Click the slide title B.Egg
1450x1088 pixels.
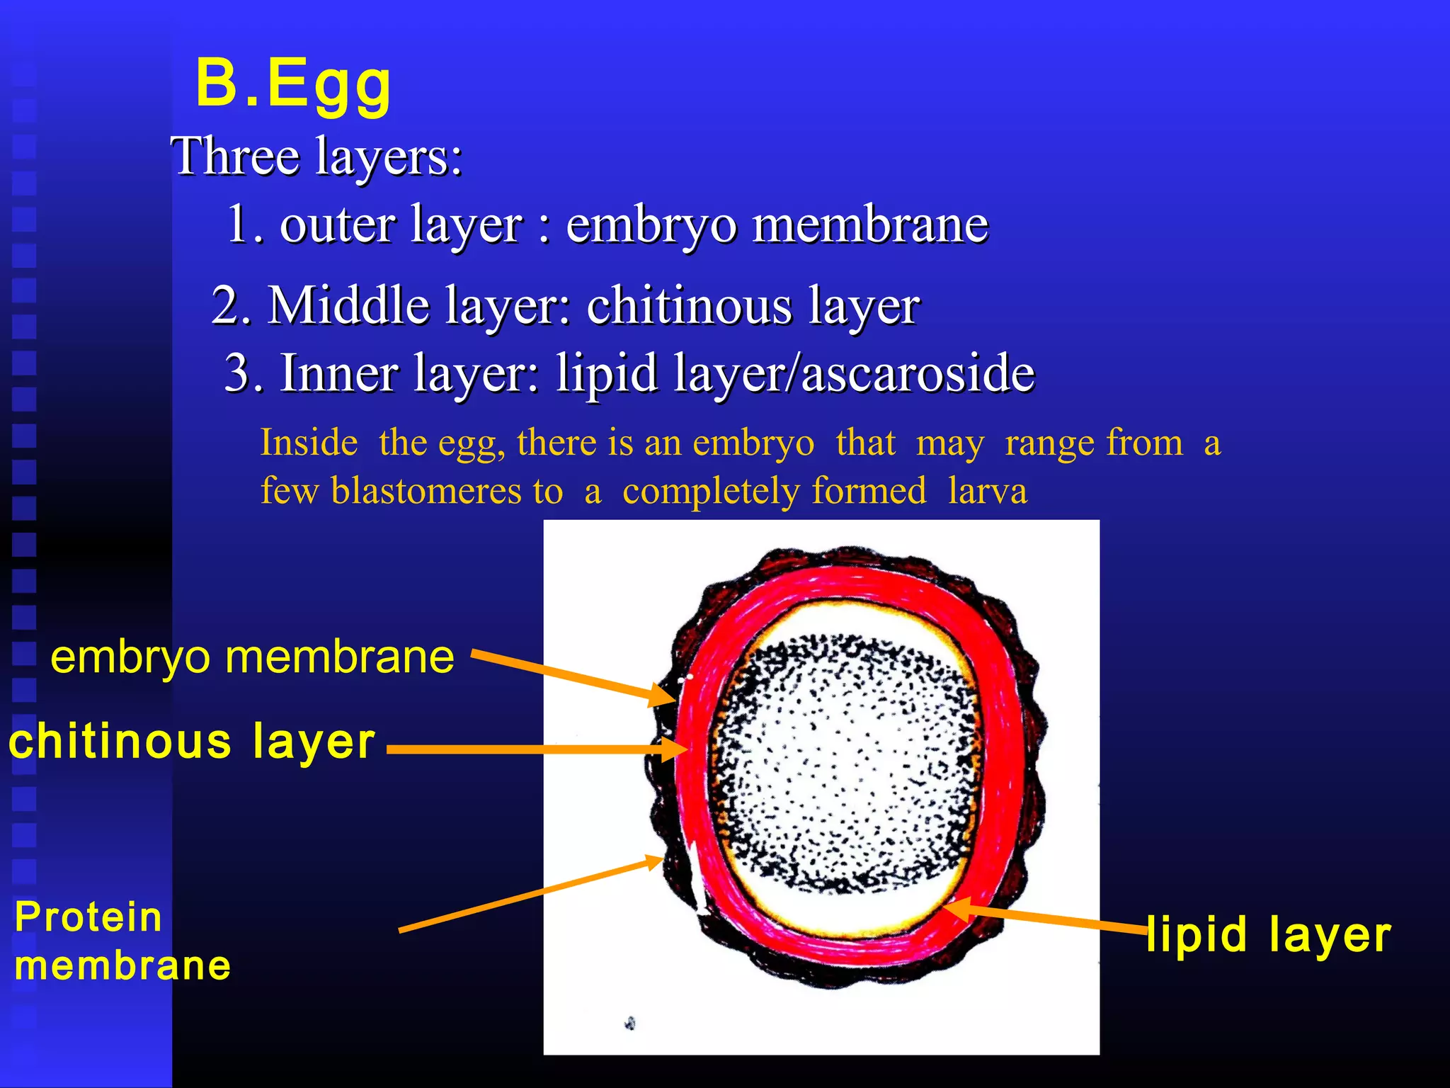point(293,84)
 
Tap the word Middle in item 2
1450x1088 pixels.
point(348,305)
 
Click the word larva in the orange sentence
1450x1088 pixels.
point(987,491)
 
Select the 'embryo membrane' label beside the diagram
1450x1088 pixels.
point(252,657)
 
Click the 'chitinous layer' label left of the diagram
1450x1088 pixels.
point(191,742)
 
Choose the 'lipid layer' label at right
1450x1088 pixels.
point(1267,934)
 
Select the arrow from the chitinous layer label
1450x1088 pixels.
point(531,749)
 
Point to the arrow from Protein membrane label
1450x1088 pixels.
point(531,895)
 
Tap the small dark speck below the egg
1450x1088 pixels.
point(629,1023)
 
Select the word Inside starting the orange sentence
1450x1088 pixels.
point(309,443)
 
